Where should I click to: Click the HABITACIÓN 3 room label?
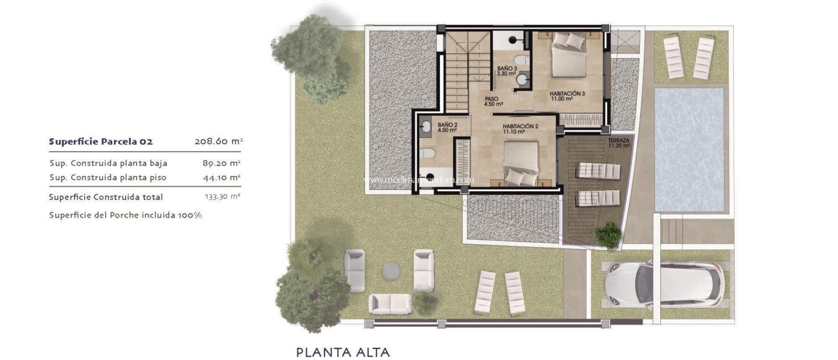pyautogui.click(x=567, y=94)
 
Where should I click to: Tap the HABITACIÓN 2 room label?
pyautogui.click(x=520, y=127)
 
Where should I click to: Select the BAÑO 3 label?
pyautogui.click(x=507, y=69)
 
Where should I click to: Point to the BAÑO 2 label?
pyautogui.click(x=447, y=125)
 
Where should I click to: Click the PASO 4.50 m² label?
pyautogui.click(x=493, y=101)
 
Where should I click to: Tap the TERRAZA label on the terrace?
pyautogui.click(x=618, y=141)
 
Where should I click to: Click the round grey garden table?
pyautogui.click(x=392, y=270)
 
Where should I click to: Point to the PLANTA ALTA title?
pyautogui.click(x=342, y=352)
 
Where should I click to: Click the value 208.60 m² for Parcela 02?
pyautogui.click(x=219, y=142)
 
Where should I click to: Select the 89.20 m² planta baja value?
pyautogui.click(x=221, y=163)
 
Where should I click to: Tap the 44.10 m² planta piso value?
pyautogui.click(x=221, y=178)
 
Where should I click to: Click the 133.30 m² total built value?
pyautogui.click(x=222, y=197)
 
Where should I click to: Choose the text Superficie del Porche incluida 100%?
pyautogui.click(x=125, y=215)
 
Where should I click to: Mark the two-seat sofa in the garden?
pyautogui.click(x=390, y=304)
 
